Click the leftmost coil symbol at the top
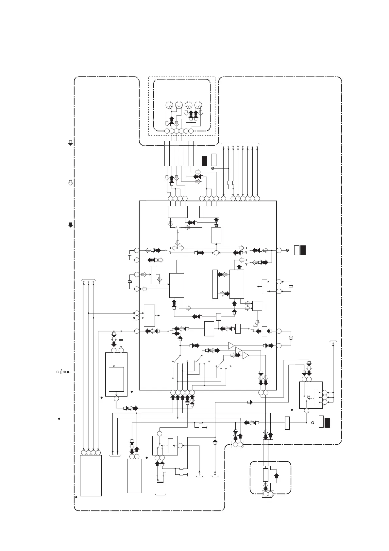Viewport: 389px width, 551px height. point(169,106)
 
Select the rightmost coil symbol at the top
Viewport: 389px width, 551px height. point(198,106)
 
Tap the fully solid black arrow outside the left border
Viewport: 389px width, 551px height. point(70,225)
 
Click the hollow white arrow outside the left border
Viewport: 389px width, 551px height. point(70,183)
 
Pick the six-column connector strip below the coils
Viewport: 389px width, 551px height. point(179,153)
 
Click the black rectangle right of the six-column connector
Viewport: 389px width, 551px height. point(204,161)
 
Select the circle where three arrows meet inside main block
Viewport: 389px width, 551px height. point(216,253)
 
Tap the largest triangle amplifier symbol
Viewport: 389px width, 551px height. point(231,345)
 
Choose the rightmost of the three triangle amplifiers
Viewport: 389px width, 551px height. point(245,356)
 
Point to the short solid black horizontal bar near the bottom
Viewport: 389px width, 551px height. point(161,482)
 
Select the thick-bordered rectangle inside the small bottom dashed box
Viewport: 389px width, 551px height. point(265,475)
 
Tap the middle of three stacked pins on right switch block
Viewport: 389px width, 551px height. point(324,398)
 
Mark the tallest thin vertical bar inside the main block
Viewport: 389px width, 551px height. point(215,284)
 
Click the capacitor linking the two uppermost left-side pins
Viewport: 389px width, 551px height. point(129,254)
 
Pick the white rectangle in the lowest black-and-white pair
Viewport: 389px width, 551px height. point(321,422)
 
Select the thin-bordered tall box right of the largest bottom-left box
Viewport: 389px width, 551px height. point(134,476)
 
